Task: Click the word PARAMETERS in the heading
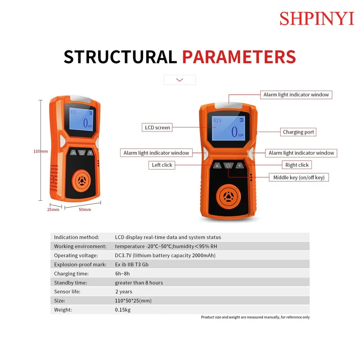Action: click(x=239, y=57)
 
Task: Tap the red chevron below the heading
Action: click(x=180, y=80)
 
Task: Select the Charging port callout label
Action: click(x=299, y=132)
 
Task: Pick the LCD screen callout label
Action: click(x=157, y=127)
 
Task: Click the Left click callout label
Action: click(x=162, y=165)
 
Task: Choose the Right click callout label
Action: click(x=297, y=165)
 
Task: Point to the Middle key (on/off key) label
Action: click(x=299, y=177)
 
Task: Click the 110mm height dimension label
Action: click(x=40, y=151)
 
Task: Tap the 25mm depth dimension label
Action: click(x=53, y=209)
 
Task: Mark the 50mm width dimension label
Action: click(x=85, y=209)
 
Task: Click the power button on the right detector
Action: click(x=229, y=166)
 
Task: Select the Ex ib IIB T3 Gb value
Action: click(x=131, y=265)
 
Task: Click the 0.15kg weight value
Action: click(x=122, y=310)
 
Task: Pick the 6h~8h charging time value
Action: click(x=122, y=274)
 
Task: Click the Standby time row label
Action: click(x=71, y=283)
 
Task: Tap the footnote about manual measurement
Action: click(x=255, y=317)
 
